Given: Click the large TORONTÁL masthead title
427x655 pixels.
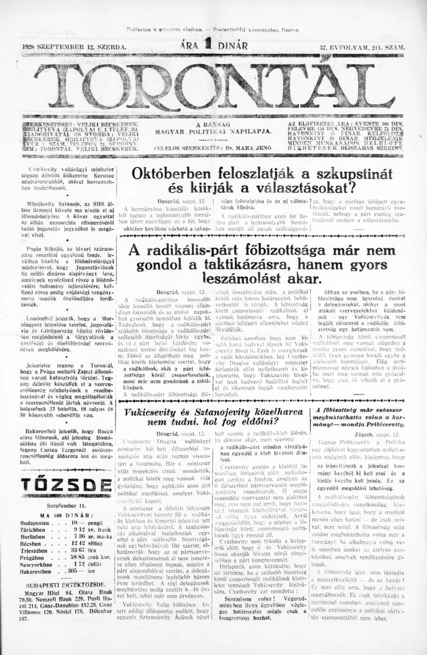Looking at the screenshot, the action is pos(213,86).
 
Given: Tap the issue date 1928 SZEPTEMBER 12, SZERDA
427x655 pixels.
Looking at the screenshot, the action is pos(74,47).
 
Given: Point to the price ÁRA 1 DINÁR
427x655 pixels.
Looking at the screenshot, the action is pos(214,46).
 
